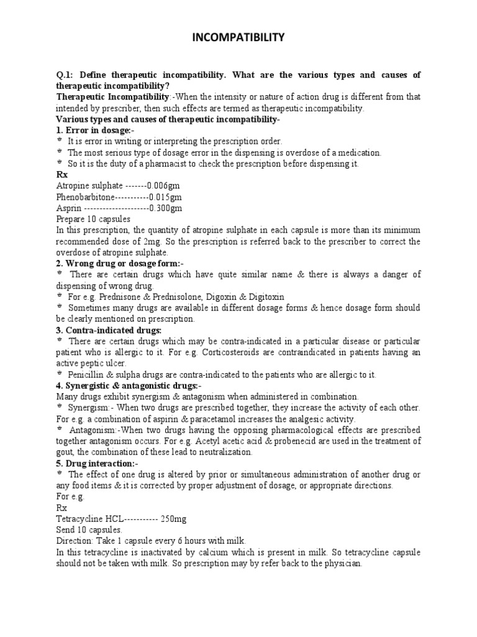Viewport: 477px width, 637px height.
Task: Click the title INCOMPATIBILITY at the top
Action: coord(238,39)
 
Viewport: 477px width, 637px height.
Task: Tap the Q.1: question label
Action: coord(65,75)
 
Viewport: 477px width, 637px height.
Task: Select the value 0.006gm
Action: coord(164,185)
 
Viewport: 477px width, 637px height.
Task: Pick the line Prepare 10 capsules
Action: coord(93,219)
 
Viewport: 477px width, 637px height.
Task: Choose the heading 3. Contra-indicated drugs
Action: coord(109,330)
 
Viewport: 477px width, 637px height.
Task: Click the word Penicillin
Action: coord(89,374)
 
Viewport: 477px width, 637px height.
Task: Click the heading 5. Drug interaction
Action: coord(97,464)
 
